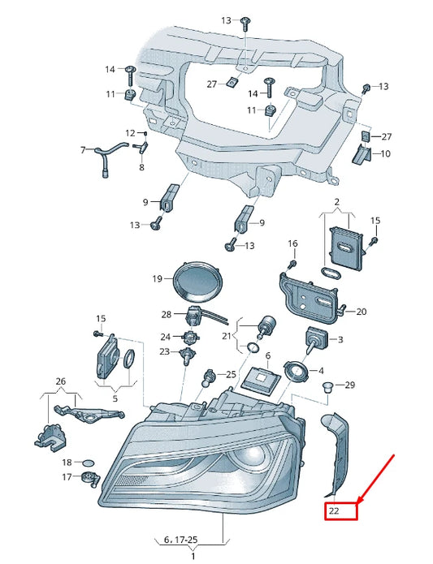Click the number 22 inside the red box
pos(334,511)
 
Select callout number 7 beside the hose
pos(83,149)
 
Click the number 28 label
pos(167,314)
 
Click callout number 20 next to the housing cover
pos(362,311)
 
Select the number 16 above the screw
pos(292,243)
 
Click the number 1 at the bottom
pos(193,556)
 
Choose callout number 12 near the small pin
pos(130,132)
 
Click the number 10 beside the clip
pos(385,153)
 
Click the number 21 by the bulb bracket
pos(227,335)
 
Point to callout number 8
pos(141,168)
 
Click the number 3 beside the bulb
pos(340,339)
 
